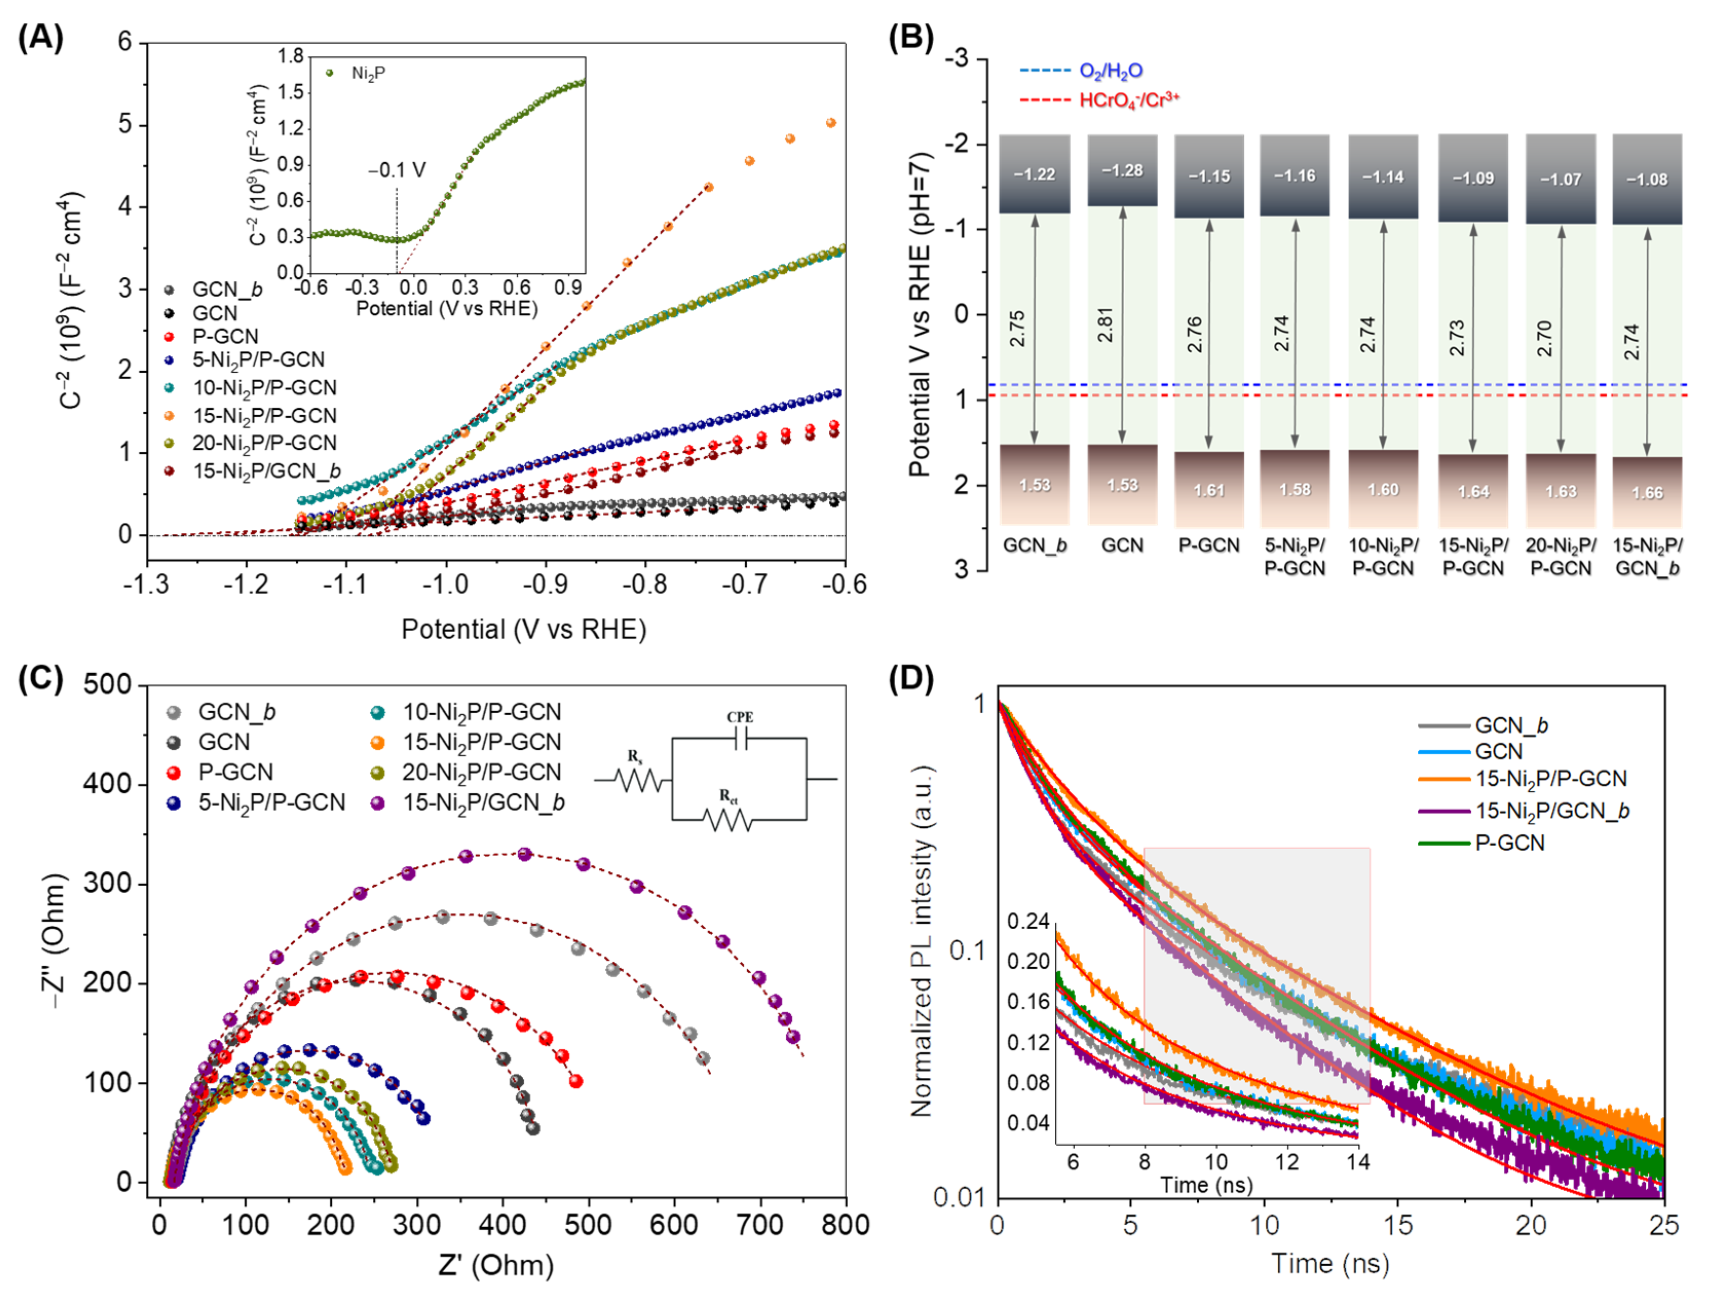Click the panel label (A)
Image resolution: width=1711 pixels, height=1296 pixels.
40,37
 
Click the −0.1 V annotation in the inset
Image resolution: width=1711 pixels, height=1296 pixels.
396,170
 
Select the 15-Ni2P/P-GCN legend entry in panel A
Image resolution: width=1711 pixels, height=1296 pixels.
264,416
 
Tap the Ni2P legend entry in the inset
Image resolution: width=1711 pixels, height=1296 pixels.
368,73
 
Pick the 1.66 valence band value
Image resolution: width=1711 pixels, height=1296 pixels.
1647,492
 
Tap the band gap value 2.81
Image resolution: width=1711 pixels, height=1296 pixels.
1106,325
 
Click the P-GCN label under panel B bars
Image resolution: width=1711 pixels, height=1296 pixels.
1208,545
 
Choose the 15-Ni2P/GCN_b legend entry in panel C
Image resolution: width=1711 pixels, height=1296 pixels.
483,803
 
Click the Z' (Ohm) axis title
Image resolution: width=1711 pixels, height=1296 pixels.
496,1265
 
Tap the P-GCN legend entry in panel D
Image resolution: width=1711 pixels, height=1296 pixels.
1509,843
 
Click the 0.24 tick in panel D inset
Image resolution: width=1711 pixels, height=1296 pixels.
1028,921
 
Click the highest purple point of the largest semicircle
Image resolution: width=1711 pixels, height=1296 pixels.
524,854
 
